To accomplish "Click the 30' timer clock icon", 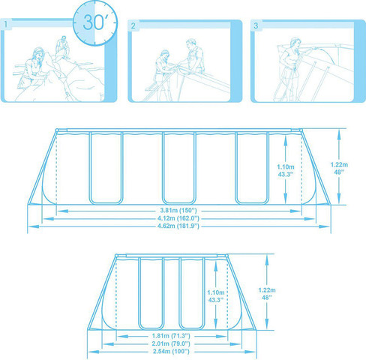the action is (x=95, y=23).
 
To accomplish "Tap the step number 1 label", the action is (x=6, y=25).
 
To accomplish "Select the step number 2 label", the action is (x=133, y=25).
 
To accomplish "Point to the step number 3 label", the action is (x=256, y=25).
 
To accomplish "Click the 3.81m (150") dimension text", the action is (x=178, y=210).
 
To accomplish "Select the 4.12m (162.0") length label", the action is (x=178, y=218).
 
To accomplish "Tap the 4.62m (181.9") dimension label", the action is (x=178, y=226).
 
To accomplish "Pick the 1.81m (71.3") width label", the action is (x=171, y=336).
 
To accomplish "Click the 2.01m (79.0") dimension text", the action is (x=171, y=343).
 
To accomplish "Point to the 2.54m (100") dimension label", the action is (x=171, y=351).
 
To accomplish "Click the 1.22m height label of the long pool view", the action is (x=339, y=165).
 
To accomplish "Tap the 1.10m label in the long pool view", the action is (x=286, y=166).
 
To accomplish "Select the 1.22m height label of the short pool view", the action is (x=267, y=290).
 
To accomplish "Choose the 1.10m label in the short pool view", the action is (x=216, y=292).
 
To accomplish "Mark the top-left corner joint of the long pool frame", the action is (x=57, y=130).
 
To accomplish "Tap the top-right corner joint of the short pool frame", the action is (x=226, y=256).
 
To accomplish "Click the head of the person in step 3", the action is (x=295, y=42).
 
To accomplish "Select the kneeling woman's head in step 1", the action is (x=39, y=54).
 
